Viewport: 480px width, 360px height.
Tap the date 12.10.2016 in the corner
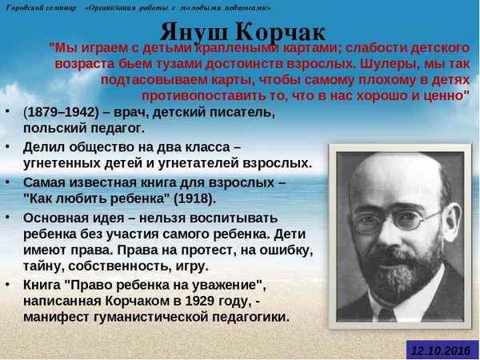[x=439, y=350]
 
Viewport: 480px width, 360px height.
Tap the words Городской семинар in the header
[x=42, y=7]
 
